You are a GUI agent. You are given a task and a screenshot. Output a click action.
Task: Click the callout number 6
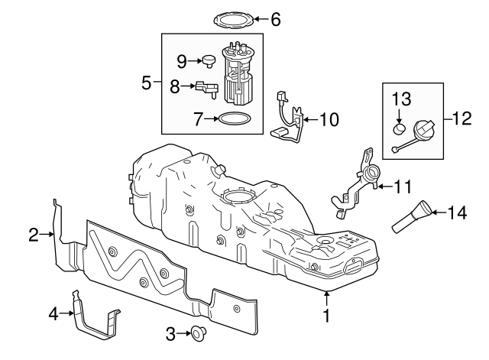(x=275, y=19)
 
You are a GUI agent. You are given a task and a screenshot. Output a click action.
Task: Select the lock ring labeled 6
(x=231, y=18)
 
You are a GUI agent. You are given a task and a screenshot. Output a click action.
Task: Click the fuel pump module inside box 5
(x=238, y=75)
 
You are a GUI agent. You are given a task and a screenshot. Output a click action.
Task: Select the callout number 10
(x=328, y=119)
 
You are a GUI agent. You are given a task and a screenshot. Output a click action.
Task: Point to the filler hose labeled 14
(x=414, y=216)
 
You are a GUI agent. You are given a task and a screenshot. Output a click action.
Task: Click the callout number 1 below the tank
(x=326, y=315)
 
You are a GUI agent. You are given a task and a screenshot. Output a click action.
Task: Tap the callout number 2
(x=34, y=235)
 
